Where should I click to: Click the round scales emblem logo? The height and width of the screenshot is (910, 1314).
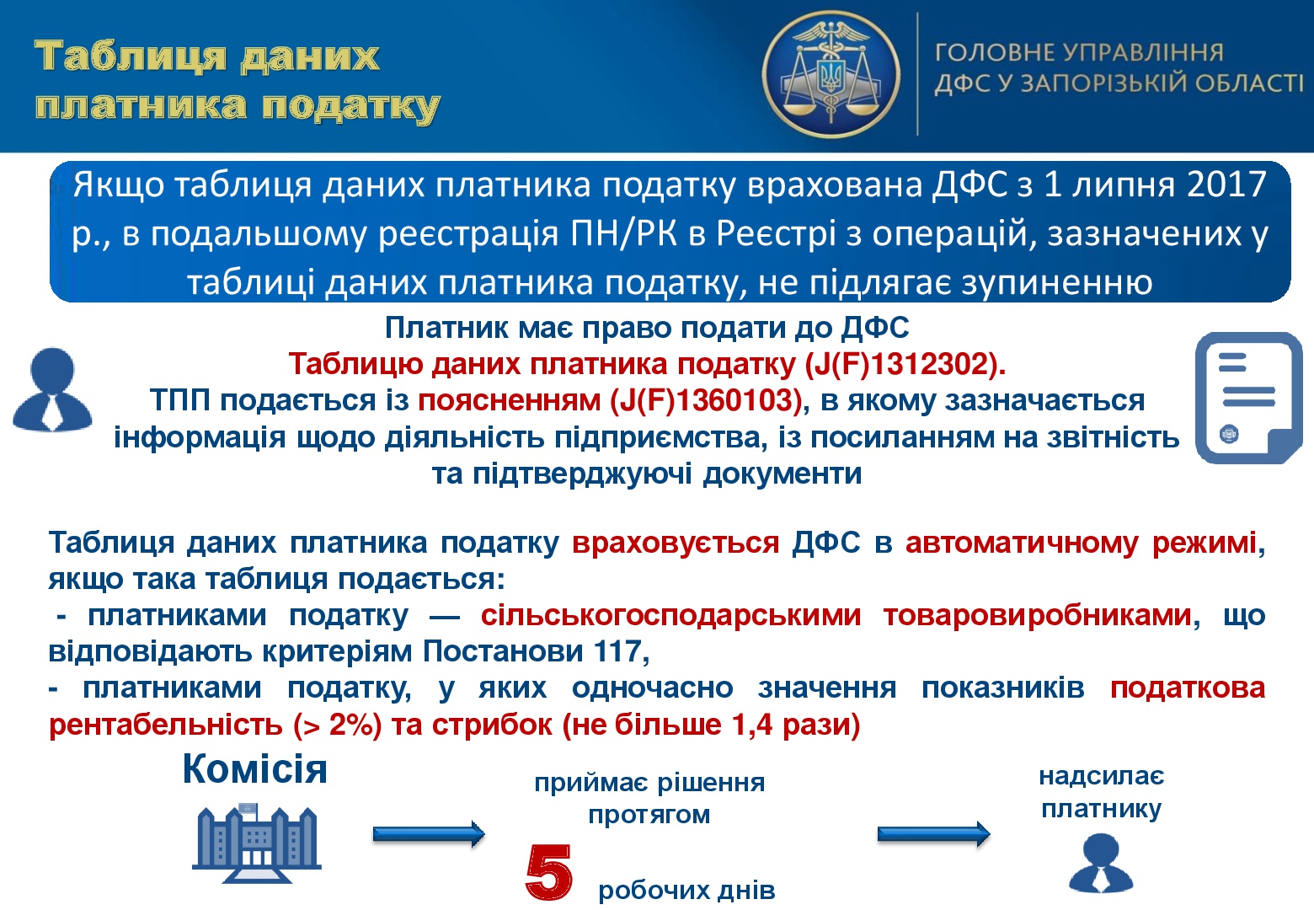click(831, 74)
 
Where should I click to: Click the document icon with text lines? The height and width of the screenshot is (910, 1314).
click(1249, 398)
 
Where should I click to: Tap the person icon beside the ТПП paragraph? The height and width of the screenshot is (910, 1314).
click(52, 389)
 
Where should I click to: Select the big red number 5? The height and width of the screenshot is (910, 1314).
click(548, 872)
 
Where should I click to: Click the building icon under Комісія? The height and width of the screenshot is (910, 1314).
click(256, 843)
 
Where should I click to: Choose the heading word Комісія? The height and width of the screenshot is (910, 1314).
click(254, 769)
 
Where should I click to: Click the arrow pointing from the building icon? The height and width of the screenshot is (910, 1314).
click(429, 833)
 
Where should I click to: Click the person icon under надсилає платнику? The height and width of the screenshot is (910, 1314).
click(1100, 863)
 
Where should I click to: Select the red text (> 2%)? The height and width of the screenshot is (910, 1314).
click(337, 725)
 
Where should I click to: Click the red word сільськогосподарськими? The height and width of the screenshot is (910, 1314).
click(671, 615)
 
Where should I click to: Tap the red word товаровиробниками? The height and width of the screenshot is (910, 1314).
click(1038, 615)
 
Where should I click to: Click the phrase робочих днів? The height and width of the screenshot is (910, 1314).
click(687, 890)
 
